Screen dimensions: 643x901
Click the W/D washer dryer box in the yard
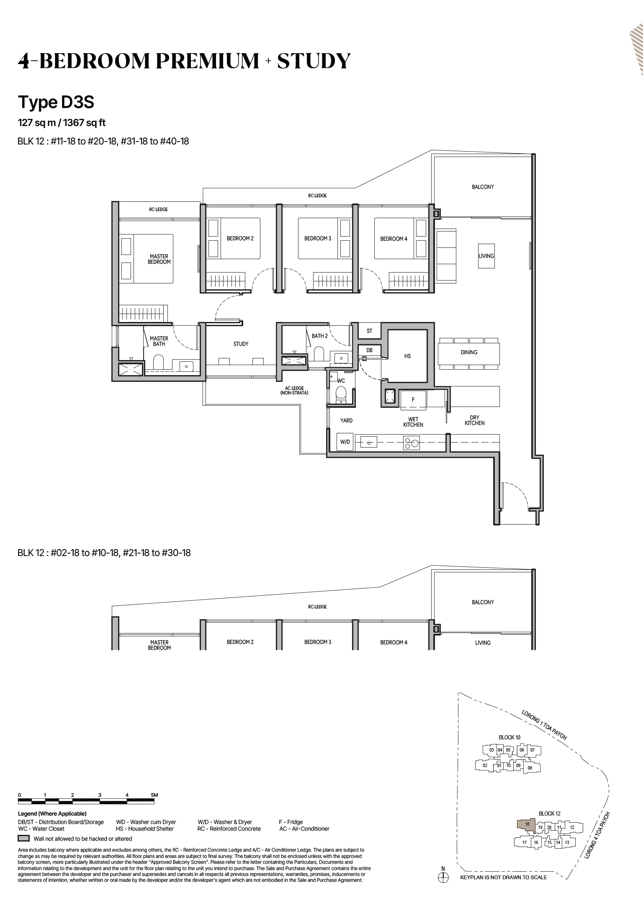[x=345, y=442]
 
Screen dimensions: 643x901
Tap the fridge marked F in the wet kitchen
[x=413, y=400]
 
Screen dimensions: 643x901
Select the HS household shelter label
[x=407, y=356]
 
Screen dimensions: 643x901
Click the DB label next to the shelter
[x=369, y=350]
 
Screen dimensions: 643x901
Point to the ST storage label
[x=369, y=331]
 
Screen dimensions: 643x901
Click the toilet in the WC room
[x=341, y=394]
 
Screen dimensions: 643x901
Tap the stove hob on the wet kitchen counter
[x=411, y=443]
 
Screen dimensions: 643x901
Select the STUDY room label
[x=241, y=344]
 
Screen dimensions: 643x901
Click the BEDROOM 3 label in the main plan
[x=318, y=239]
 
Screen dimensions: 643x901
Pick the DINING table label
[x=469, y=353]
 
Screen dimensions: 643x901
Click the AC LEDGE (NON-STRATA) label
[x=294, y=391]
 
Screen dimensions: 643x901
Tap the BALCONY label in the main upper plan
[x=483, y=187]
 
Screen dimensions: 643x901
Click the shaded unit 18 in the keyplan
[x=527, y=824]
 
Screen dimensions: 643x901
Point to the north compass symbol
[x=443, y=878]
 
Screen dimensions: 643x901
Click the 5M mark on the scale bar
[x=154, y=795]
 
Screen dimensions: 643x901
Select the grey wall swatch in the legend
[x=23, y=839]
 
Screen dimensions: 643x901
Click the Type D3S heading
[x=56, y=103]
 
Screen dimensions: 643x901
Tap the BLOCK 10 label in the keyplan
[x=509, y=737]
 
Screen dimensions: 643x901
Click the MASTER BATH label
[x=159, y=341]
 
